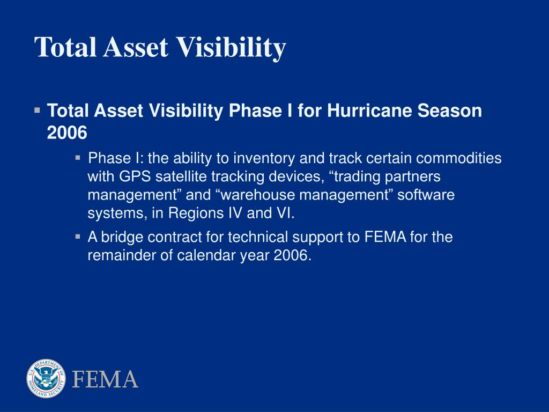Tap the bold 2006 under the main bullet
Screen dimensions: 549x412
(x=67, y=133)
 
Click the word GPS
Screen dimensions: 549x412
(x=135, y=176)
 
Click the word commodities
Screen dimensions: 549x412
(x=459, y=158)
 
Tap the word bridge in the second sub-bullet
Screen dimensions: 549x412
(x=122, y=237)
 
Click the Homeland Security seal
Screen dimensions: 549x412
(x=46, y=378)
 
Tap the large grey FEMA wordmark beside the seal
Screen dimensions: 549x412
(x=105, y=379)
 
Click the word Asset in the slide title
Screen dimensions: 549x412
(x=135, y=47)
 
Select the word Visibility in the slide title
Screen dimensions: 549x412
(x=231, y=48)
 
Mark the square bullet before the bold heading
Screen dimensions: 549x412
(x=37, y=111)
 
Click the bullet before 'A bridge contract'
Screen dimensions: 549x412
(x=78, y=237)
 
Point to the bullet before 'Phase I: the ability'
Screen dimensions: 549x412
(x=78, y=158)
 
